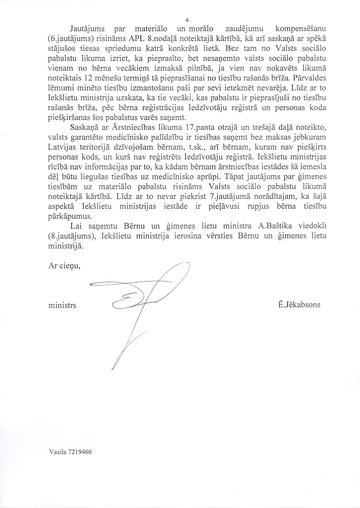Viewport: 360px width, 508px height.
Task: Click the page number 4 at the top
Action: (187, 20)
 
